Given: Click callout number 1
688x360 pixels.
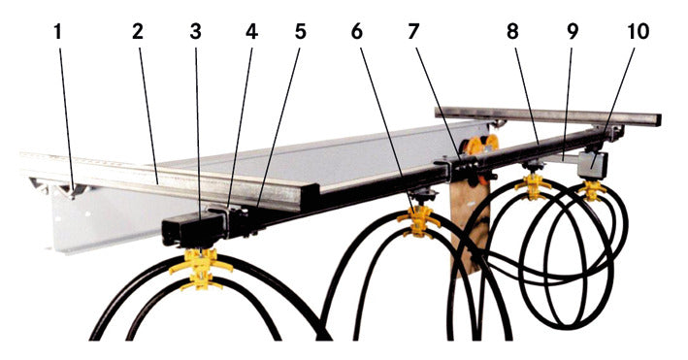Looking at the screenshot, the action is click(58, 32).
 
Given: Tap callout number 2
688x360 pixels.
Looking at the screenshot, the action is click(138, 32).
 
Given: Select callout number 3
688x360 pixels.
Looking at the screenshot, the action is click(196, 32).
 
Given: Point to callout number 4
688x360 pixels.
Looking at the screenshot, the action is click(252, 32).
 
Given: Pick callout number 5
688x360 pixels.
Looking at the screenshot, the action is click(300, 32).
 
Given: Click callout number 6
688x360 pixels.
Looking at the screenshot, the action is click(357, 32).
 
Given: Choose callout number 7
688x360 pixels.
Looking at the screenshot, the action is click(412, 32).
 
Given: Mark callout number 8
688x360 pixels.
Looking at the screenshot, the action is click(512, 32).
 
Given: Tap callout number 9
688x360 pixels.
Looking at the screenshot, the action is click(573, 32).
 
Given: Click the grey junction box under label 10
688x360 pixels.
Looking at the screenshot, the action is click(593, 165).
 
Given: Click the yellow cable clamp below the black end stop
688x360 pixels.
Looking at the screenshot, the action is click(201, 269).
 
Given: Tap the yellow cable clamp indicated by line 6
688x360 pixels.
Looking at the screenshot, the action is click(418, 220).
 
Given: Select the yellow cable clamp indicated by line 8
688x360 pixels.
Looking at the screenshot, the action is click(533, 186).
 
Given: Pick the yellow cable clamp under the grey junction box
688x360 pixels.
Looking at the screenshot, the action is click(592, 190).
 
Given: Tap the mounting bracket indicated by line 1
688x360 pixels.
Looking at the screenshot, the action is click(70, 189).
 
